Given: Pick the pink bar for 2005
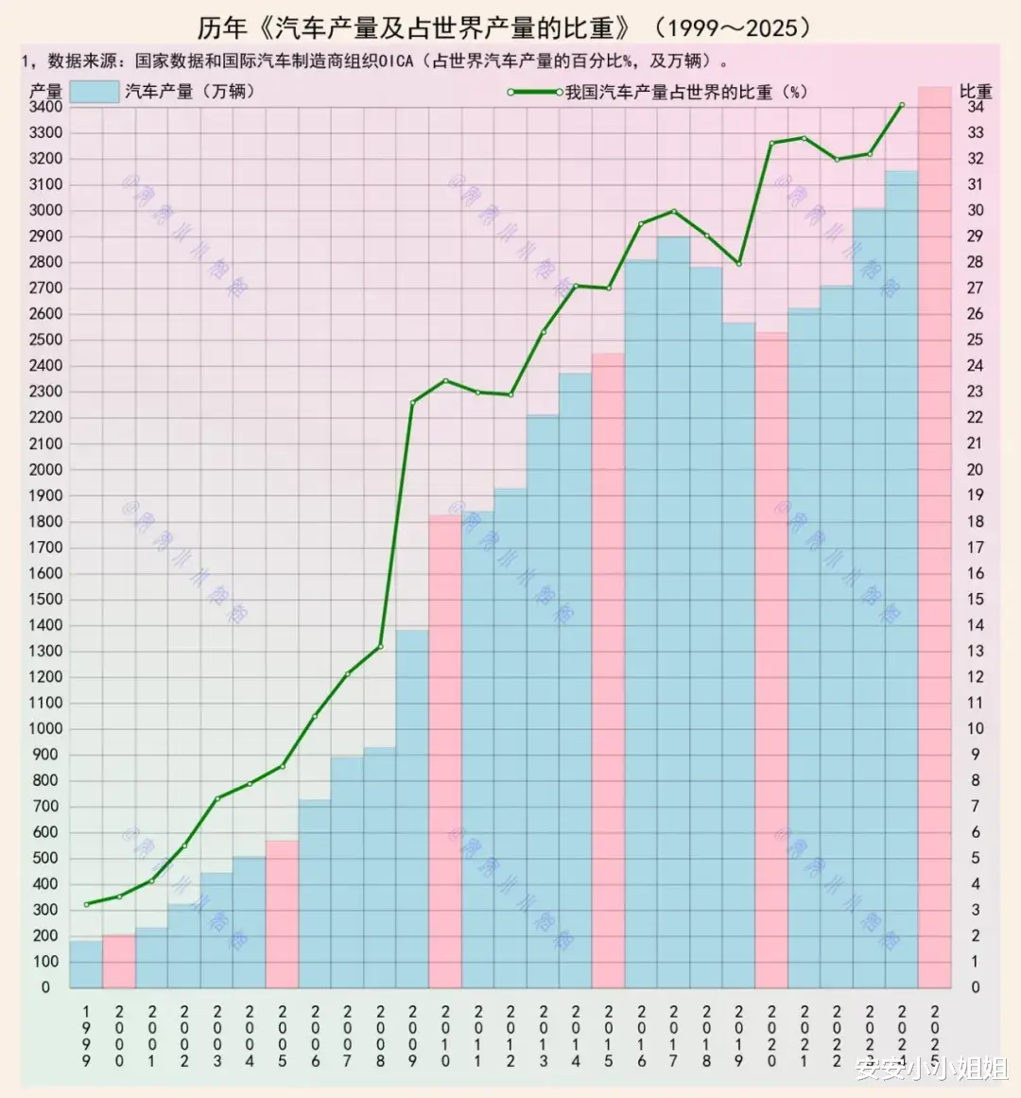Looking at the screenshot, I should pyautogui.click(x=282, y=914).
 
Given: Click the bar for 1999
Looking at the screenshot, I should pyautogui.click(x=86, y=964).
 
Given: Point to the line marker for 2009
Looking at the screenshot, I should pyautogui.click(x=413, y=403).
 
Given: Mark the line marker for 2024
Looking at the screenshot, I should pyautogui.click(x=902, y=105).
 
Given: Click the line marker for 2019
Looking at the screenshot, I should pyautogui.click(x=739, y=263).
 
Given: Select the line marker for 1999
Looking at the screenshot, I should pyautogui.click(x=86, y=904).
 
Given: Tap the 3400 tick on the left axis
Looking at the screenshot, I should pyautogui.click(x=45, y=107).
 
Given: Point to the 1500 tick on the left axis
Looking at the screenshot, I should pyautogui.click(x=45, y=599).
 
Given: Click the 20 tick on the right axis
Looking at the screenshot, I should pyautogui.click(x=975, y=469).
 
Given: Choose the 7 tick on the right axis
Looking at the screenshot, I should pyautogui.click(x=976, y=807).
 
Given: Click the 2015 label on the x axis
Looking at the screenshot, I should pyautogui.click(x=609, y=1036).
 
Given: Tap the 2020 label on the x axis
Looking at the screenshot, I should pyautogui.click(x=771, y=1036).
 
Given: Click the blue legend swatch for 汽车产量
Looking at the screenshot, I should pyautogui.click(x=95, y=92).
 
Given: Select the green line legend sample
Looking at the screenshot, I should pyautogui.click(x=535, y=92).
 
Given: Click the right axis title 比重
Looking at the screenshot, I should pyautogui.click(x=976, y=91).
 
